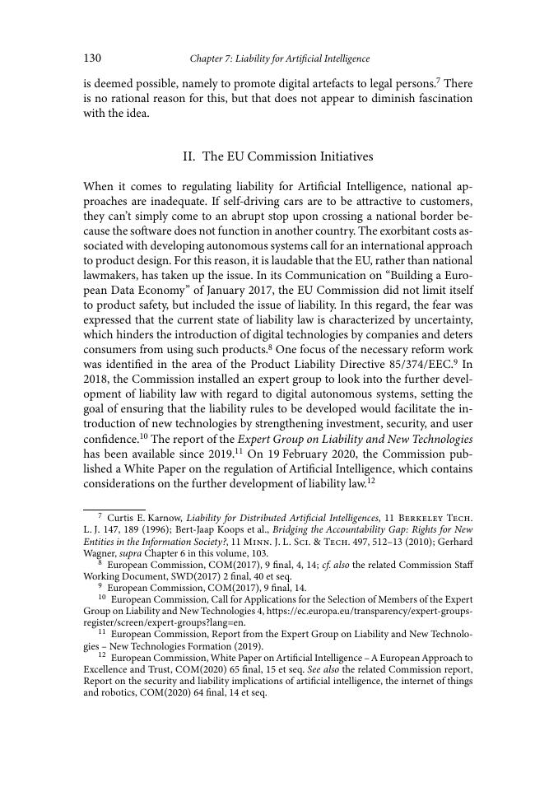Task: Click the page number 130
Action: pyautogui.click(x=91, y=58)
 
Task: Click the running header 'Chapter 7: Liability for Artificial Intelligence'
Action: pyautogui.click(x=279, y=59)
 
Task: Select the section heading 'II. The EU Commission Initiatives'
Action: pyautogui.click(x=277, y=156)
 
